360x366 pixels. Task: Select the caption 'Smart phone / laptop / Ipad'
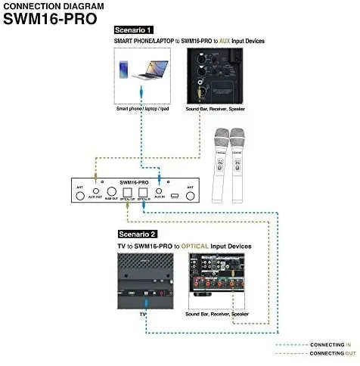142,109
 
